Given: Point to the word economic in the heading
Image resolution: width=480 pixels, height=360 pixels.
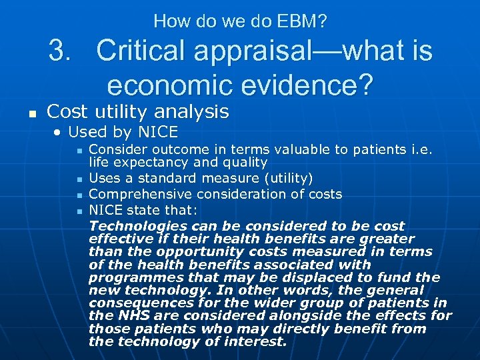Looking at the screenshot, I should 169,85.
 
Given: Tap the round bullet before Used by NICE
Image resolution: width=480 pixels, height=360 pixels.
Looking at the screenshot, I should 59,133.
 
